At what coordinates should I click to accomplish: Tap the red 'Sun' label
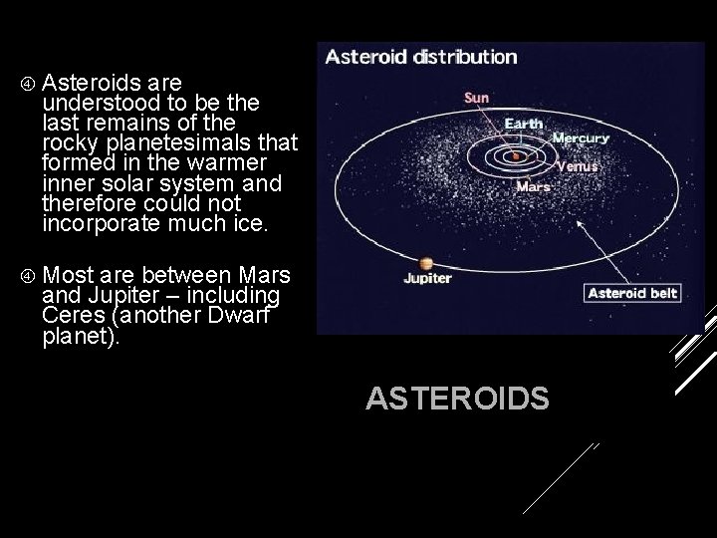point(478,98)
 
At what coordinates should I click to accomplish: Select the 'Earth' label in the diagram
point(524,124)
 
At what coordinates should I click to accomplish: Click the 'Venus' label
point(577,166)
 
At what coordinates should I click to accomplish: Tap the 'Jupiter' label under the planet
point(427,279)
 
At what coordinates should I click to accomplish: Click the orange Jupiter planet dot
point(426,263)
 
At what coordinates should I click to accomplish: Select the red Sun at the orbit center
point(516,155)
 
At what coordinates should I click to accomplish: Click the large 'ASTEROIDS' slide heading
point(457,400)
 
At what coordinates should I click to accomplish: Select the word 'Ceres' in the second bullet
point(74,316)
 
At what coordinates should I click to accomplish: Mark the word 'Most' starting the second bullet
point(68,274)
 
